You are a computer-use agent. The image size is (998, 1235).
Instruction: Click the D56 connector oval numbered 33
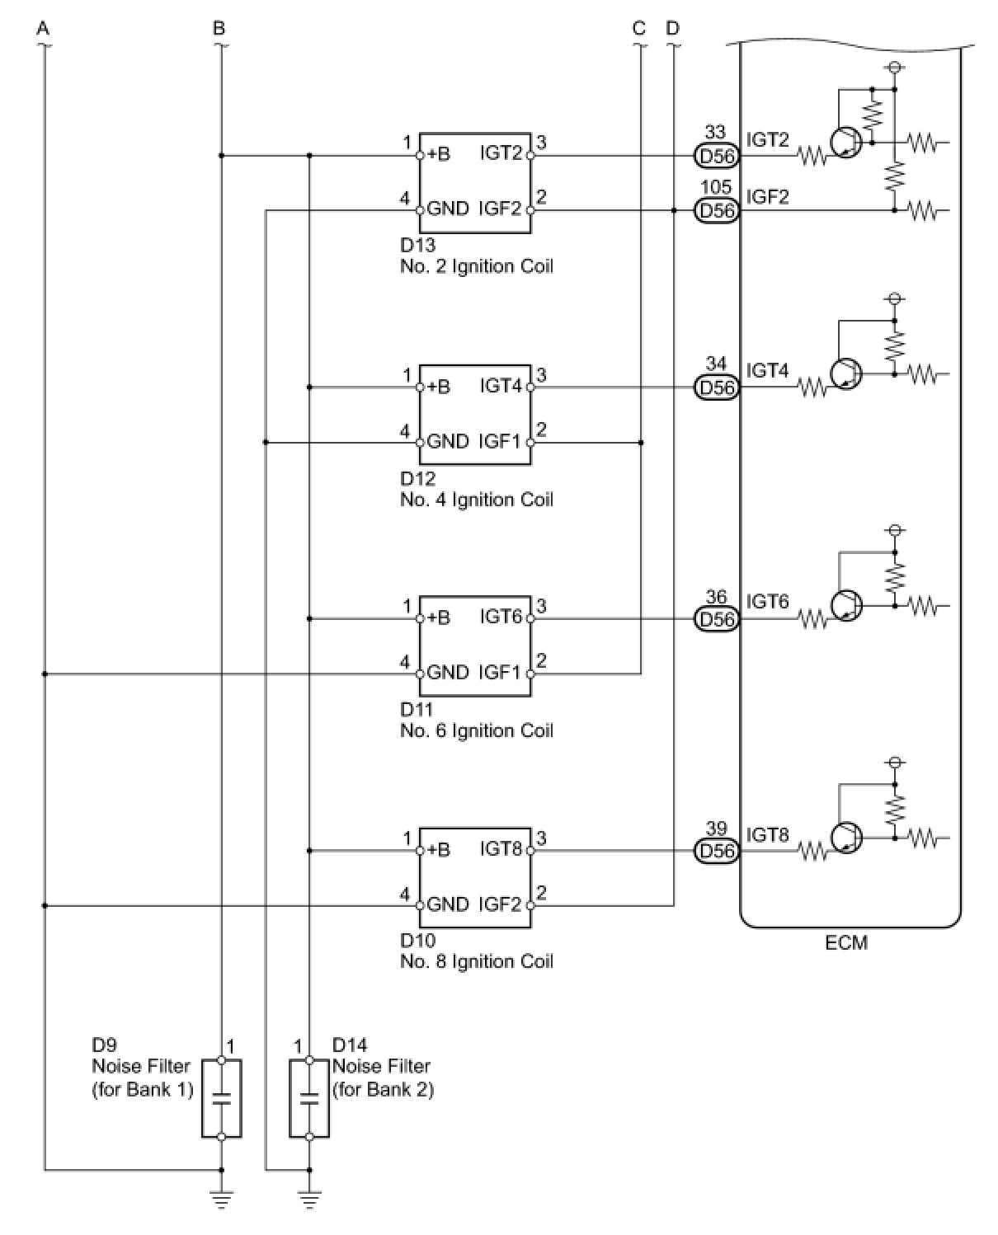click(x=717, y=155)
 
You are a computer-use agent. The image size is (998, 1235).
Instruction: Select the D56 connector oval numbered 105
click(x=717, y=210)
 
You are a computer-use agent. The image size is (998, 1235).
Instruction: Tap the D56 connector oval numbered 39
click(x=717, y=851)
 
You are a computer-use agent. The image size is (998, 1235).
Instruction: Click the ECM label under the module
click(x=846, y=943)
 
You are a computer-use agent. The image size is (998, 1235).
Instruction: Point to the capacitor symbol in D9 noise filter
click(x=221, y=1098)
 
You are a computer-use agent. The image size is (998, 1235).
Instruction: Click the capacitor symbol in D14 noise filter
click(x=309, y=1098)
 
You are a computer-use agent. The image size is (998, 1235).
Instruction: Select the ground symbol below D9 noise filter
click(x=221, y=1199)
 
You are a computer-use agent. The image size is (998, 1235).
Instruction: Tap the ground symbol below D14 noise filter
click(x=309, y=1199)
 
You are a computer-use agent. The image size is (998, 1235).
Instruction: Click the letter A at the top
click(x=43, y=28)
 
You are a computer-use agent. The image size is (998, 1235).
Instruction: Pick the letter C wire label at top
click(x=639, y=28)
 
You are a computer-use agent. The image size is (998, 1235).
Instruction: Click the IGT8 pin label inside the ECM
click(x=767, y=835)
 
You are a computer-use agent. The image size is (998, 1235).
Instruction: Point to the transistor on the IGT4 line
click(x=846, y=374)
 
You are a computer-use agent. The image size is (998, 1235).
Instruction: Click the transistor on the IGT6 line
click(x=846, y=605)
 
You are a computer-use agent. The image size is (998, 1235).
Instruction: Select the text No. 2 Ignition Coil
click(x=477, y=267)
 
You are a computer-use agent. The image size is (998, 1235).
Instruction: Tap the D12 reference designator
click(x=417, y=478)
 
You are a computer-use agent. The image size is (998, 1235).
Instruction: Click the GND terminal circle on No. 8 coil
click(x=420, y=906)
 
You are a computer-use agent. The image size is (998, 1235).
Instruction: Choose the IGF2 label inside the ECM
click(x=767, y=197)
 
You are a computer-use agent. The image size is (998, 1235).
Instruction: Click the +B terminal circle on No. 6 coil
click(x=420, y=618)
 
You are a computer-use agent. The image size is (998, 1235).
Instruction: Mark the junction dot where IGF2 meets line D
click(x=674, y=210)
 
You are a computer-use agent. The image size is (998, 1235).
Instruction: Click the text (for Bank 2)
click(x=383, y=1090)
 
